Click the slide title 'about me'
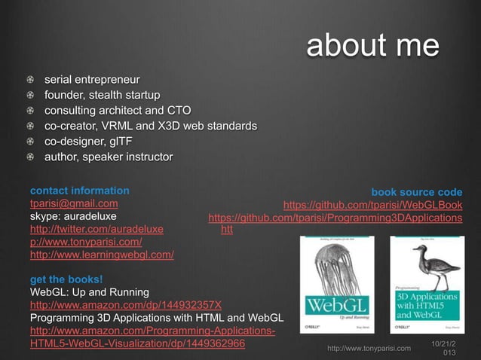[372, 46]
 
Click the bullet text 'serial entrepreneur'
[92, 78]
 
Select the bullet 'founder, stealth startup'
[102, 95]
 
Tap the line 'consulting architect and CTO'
[117, 110]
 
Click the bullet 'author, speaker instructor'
[108, 157]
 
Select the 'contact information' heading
[79, 191]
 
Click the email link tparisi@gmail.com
[73, 203]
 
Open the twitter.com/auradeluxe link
[96, 229]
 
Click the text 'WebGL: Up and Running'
[89, 291]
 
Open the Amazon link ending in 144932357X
[125, 304]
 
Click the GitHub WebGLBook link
[372, 205]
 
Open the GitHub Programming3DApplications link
[335, 218]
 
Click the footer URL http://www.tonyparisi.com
[369, 348]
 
